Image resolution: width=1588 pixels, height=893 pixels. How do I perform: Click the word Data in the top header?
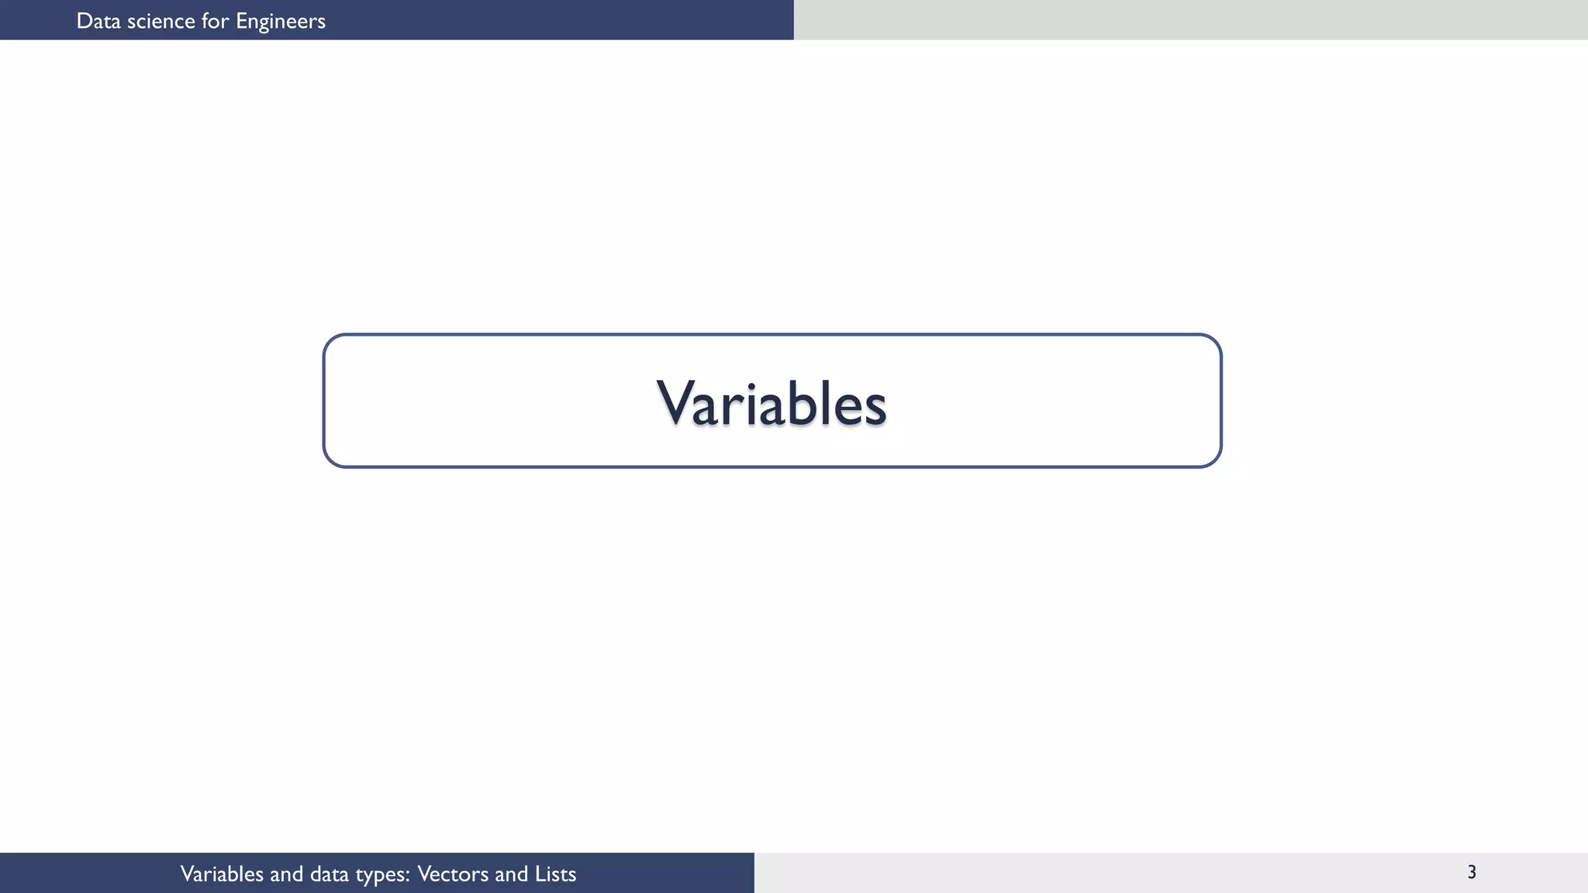coord(98,21)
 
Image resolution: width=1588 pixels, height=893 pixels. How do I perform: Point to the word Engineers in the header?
coord(281,22)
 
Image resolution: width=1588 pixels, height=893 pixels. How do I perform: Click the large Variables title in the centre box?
coord(772,403)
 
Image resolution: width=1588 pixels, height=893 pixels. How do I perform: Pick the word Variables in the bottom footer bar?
coord(222,874)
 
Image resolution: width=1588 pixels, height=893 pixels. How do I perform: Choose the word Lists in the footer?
coord(555,874)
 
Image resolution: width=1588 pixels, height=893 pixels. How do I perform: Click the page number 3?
coord(1472,872)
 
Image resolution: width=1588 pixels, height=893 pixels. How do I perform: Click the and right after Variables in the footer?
coord(286,874)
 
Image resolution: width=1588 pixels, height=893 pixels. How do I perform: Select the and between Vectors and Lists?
coord(511,874)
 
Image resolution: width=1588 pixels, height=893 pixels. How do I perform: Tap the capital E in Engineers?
coord(241,21)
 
